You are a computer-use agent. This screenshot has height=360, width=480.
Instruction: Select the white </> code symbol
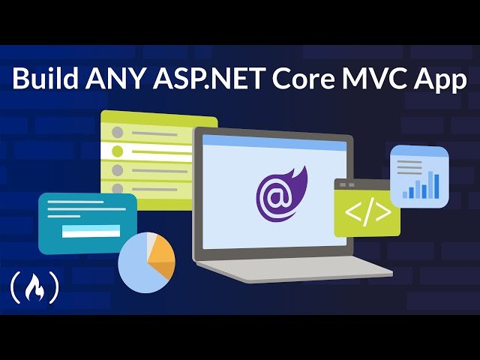coord(367,212)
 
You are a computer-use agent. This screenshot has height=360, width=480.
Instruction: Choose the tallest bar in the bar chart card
coord(431,184)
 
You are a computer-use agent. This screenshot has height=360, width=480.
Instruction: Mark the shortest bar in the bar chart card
coord(406,194)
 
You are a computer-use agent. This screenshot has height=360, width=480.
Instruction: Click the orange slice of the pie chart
coord(162,259)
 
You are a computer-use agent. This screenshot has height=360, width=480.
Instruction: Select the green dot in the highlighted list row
coord(116,151)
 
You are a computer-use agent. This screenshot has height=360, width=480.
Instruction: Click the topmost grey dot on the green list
coord(116,133)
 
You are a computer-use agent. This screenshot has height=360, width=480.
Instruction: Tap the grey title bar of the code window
coord(365,184)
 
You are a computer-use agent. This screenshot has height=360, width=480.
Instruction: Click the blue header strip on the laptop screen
coord(273,139)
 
